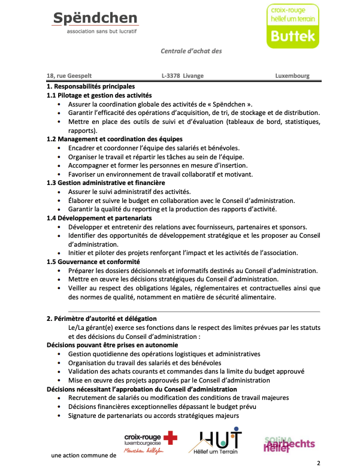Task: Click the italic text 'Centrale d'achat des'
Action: click(191, 51)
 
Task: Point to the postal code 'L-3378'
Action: click(171, 76)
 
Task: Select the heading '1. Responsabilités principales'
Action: click(90, 87)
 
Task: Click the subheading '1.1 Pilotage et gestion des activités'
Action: click(99, 95)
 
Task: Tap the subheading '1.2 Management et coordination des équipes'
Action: click(111, 139)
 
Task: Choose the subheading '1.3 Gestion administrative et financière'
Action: click(105, 183)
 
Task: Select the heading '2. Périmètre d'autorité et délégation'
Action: click(101, 319)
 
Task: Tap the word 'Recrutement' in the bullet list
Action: click(87, 398)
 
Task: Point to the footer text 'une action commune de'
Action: click(83, 456)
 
